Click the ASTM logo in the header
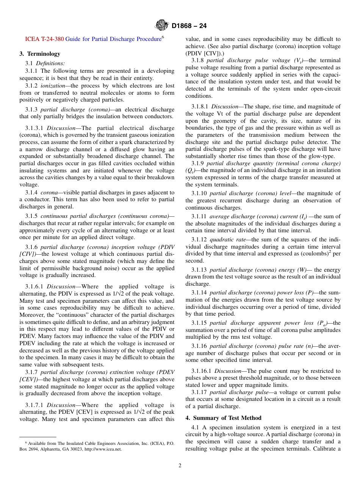[x=162, y=26]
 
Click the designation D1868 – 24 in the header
[x=189, y=26]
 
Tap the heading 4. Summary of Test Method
[x=223, y=418]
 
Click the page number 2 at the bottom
[x=180, y=466]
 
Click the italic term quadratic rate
[x=227, y=239]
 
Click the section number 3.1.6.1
[x=34, y=287]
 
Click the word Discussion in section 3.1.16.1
[x=227, y=371]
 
